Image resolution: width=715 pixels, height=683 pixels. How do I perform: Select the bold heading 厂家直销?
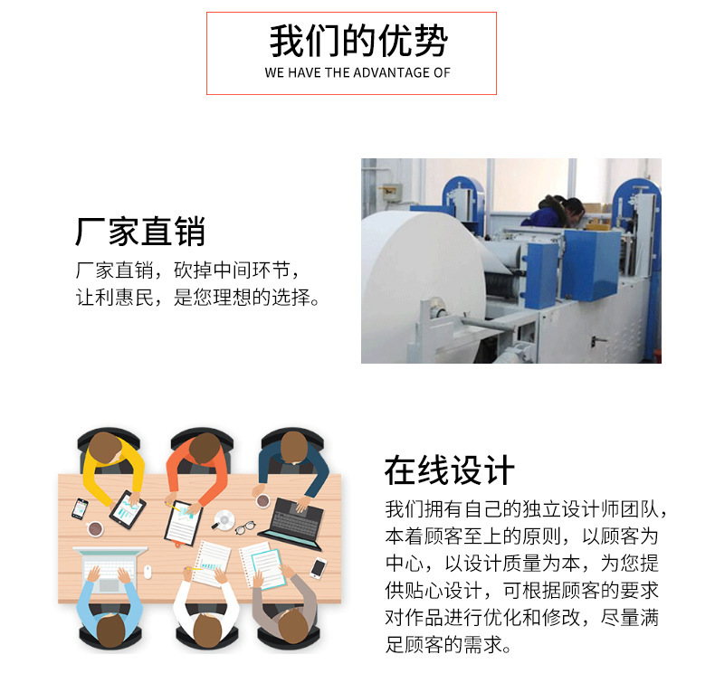tap(140, 232)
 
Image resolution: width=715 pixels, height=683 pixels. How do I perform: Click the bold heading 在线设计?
tap(449, 471)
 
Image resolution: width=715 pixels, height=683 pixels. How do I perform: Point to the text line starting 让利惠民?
tap(197, 298)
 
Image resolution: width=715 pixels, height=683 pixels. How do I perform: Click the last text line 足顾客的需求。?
tap(448, 646)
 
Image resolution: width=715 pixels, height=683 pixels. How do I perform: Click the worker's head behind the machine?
tap(572, 211)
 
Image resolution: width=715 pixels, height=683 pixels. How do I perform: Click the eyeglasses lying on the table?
tap(245, 526)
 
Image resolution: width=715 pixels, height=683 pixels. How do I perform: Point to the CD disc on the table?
tap(224, 519)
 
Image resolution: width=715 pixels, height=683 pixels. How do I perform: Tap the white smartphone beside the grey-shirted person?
tap(318, 568)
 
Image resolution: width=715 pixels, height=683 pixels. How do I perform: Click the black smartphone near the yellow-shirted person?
tap(81, 508)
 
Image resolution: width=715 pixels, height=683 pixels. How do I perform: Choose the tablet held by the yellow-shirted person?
tap(127, 508)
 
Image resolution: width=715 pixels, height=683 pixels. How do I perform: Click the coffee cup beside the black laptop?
tap(262, 499)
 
